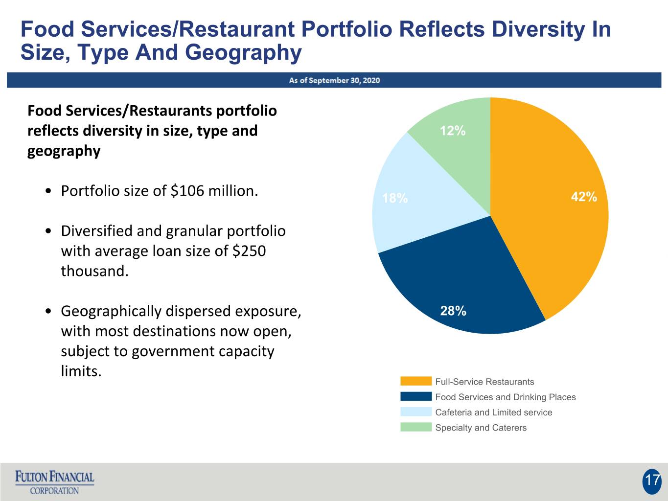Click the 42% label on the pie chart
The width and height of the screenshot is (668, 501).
584,197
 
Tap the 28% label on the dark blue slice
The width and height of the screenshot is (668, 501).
453,311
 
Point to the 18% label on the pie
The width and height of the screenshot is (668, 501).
395,198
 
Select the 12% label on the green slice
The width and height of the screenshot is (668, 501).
453,131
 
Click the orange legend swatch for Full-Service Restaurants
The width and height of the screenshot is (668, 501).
415,381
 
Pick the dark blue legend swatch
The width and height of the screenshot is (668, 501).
415,396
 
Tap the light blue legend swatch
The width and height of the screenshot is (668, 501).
415,411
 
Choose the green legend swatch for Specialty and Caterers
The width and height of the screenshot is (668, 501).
415,427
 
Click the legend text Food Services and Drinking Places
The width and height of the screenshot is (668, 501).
506,397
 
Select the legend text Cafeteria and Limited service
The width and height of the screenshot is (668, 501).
494,412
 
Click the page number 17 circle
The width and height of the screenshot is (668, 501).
651,481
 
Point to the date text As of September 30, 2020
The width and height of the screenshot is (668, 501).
334,80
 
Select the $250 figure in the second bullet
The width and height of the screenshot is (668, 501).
249,251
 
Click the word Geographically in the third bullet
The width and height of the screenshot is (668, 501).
111,312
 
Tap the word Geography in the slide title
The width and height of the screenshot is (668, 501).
243,53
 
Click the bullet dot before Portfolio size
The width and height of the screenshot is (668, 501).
48,191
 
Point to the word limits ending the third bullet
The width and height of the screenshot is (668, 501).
81,371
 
